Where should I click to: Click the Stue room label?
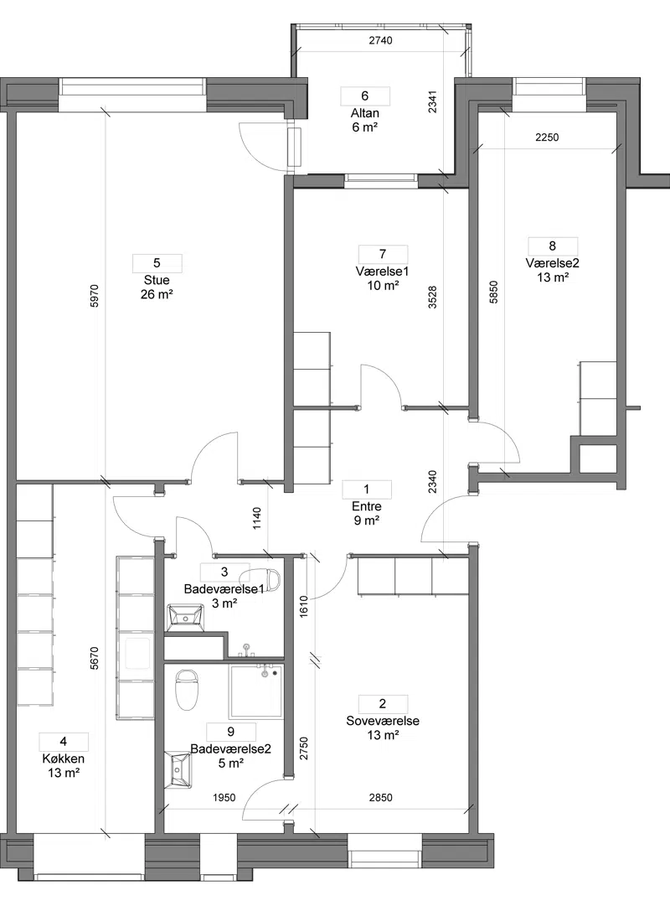[x=157, y=281]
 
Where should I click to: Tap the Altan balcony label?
[x=364, y=113]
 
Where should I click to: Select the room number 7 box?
[x=383, y=254]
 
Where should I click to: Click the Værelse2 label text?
[x=552, y=263]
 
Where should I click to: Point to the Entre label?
[x=367, y=507]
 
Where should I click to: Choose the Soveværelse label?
[x=383, y=721]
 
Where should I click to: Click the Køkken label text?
[x=63, y=759]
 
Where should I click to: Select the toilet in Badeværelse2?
[x=187, y=689]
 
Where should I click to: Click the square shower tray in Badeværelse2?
[x=256, y=691]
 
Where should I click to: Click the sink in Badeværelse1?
[x=185, y=618]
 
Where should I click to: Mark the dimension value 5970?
[x=95, y=295]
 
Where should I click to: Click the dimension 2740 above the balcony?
[x=380, y=40]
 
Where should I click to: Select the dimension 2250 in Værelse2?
[x=547, y=137]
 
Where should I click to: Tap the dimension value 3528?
[x=433, y=298]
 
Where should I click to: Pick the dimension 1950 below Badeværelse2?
[x=224, y=798]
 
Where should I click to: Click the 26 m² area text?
[x=157, y=295]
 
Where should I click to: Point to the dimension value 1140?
[x=257, y=518]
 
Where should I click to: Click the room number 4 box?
[x=63, y=742]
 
